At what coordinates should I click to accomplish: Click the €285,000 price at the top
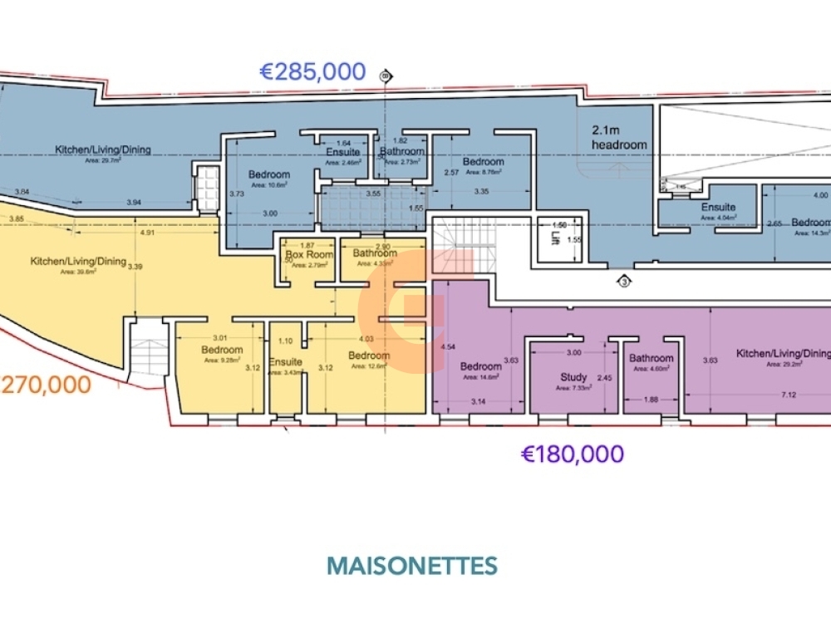click(313, 72)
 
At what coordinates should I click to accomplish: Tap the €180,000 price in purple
click(572, 454)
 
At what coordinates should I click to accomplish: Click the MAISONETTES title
click(412, 566)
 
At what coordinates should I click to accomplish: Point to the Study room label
click(573, 377)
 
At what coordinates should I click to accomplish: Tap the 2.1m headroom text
click(618, 137)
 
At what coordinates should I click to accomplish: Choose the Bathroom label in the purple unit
click(651, 359)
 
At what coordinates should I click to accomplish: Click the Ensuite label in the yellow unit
click(285, 362)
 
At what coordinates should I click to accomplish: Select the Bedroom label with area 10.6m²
click(269, 174)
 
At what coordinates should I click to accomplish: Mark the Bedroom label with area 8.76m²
click(483, 162)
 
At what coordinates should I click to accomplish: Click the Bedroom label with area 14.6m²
click(480, 366)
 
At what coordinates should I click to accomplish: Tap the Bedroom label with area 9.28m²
click(222, 350)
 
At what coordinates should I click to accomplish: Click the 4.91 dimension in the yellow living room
click(147, 233)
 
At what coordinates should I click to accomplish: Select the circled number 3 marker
click(623, 281)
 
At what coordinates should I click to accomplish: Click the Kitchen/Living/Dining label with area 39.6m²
click(78, 262)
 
